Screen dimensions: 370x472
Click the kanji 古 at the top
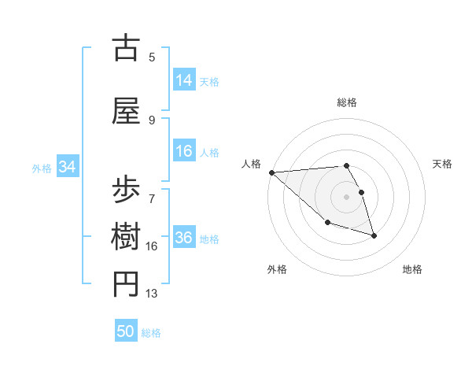127,48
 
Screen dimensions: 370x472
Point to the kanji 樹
127,235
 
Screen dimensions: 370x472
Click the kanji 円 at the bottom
127,284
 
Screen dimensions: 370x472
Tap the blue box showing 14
184,80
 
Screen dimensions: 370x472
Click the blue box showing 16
184,151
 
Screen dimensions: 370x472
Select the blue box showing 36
184,238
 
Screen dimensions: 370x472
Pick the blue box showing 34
67,167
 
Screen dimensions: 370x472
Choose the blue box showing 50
126,331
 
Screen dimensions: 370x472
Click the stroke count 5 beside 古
152,57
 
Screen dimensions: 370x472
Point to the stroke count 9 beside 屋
152,120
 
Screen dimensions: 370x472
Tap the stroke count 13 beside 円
152,294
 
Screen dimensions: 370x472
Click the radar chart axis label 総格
347,102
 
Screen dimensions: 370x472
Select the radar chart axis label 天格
443,164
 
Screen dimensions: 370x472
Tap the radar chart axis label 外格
277,269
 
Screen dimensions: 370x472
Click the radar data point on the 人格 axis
271,172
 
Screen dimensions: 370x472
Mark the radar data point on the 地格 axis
374,235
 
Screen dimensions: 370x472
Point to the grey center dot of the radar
347,196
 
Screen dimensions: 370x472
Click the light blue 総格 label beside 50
151,333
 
